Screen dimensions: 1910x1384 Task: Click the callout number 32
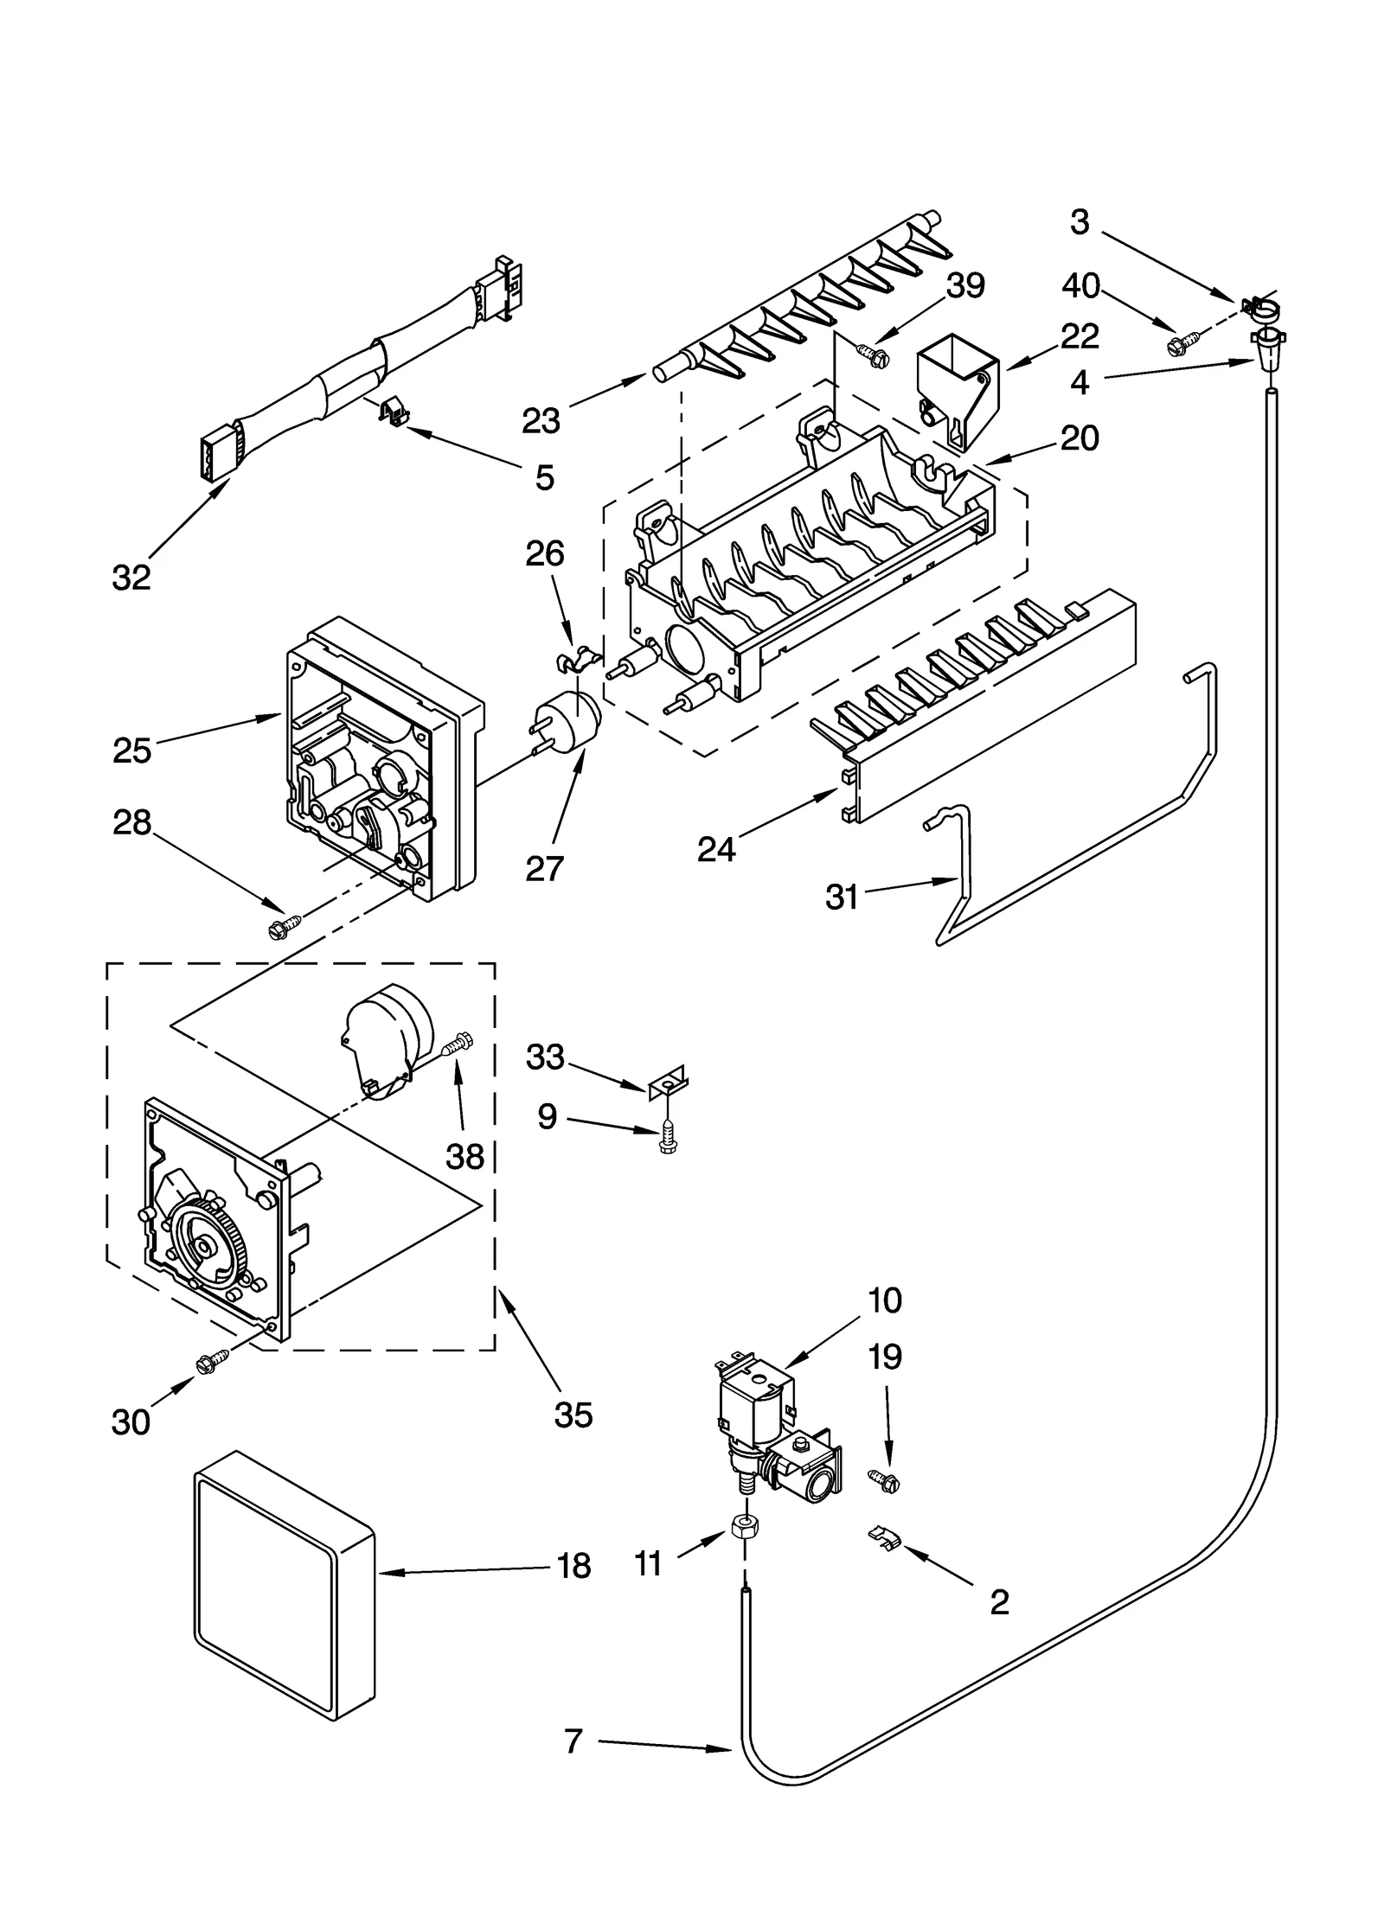131,577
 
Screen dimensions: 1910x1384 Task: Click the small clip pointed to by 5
393,412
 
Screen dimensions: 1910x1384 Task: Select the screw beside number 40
1181,345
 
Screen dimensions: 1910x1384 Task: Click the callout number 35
573,1415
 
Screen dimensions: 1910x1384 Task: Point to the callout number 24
716,850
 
